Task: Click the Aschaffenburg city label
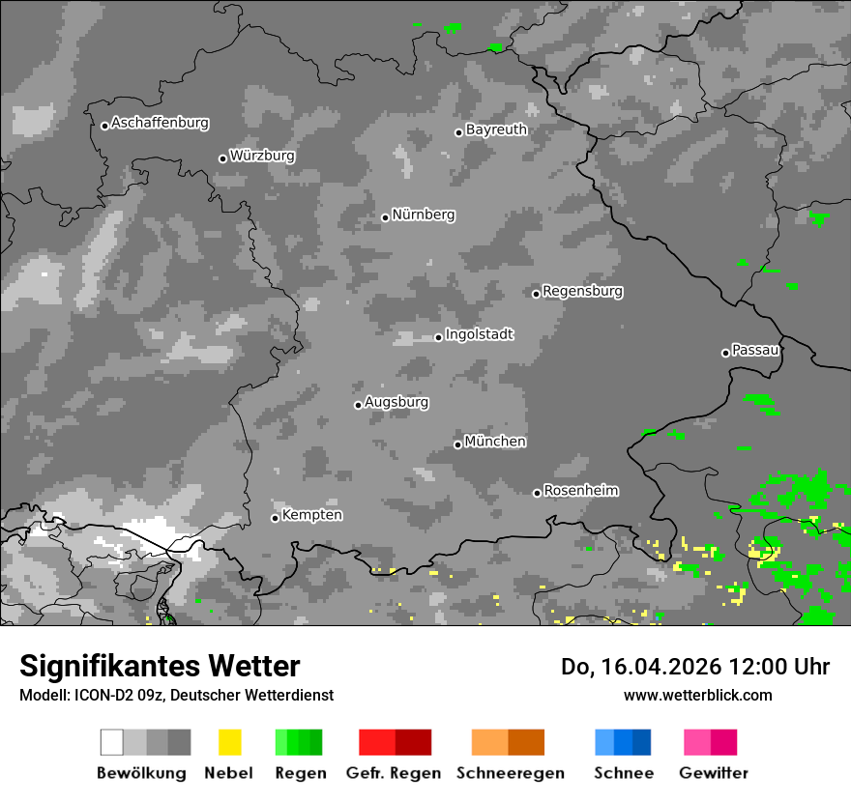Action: coord(160,124)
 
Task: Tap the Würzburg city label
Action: coord(262,156)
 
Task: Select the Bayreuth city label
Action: coord(496,129)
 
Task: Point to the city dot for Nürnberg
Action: coord(385,217)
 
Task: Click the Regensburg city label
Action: coord(582,291)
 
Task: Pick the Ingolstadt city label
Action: coord(479,335)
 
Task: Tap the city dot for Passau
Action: coord(725,353)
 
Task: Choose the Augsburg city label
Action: coord(396,402)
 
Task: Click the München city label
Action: coord(495,442)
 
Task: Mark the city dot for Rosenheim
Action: coord(537,493)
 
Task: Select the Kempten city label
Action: coord(311,515)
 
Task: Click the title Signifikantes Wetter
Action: coord(160,667)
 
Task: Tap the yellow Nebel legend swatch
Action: coord(229,742)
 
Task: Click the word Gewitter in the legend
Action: coord(714,773)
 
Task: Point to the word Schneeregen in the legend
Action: coord(511,773)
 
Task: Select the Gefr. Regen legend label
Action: coord(394,773)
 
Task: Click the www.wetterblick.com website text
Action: coord(698,695)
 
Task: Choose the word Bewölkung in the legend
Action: coord(141,773)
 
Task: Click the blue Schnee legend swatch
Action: coord(623,742)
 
